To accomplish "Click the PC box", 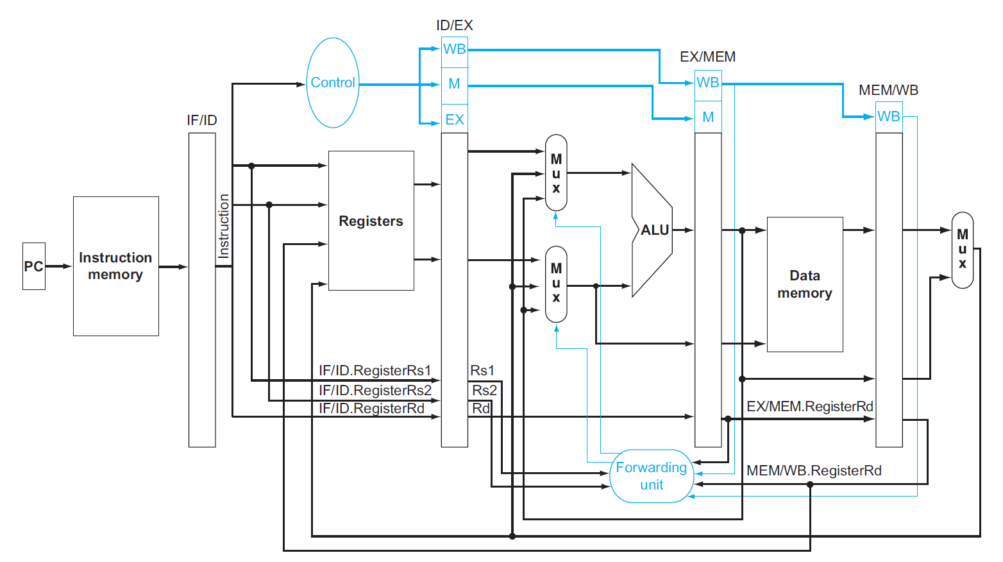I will click(x=33, y=266).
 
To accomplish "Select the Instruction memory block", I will click(x=115, y=266).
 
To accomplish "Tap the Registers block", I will click(x=371, y=221).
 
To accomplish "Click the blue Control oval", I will click(x=332, y=83).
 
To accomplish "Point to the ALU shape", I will click(x=653, y=230).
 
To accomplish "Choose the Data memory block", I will click(x=804, y=284).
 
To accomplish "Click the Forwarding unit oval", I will click(x=652, y=476).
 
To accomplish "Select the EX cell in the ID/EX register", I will click(x=454, y=119).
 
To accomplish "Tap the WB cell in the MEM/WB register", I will click(x=888, y=117).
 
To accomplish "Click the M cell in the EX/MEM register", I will click(x=708, y=117).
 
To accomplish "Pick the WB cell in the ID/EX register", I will click(x=454, y=49).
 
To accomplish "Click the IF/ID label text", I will click(x=201, y=120).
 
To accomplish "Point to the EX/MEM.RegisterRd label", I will click(x=809, y=406).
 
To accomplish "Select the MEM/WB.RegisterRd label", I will click(x=813, y=471).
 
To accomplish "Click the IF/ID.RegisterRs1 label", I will click(x=375, y=370).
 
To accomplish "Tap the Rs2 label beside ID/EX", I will click(x=484, y=390).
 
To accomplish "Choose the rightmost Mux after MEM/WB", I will click(x=962, y=250).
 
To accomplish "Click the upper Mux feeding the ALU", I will click(x=556, y=173).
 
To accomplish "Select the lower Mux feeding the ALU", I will click(x=556, y=284).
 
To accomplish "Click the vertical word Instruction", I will click(x=224, y=226).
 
